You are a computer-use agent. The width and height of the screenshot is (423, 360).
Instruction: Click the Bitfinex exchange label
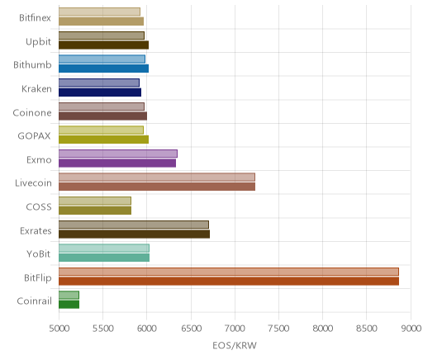[x=35, y=18]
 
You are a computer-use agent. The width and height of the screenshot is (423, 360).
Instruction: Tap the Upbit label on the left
[x=38, y=42]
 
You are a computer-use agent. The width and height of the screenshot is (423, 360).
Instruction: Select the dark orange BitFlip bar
[x=229, y=282]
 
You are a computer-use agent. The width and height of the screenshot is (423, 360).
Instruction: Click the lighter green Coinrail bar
[x=69, y=295]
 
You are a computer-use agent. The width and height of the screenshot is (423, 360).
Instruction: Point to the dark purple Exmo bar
[x=117, y=163]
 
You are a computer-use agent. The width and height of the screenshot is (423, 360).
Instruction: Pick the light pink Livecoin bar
[x=157, y=177]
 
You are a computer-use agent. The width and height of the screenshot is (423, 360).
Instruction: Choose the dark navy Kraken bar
[x=100, y=92]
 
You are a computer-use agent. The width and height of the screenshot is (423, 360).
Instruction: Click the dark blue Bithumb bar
[x=103, y=69]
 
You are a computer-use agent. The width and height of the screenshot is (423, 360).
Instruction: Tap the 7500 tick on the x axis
[x=278, y=329]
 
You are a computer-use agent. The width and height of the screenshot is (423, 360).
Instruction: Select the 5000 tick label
[x=59, y=329]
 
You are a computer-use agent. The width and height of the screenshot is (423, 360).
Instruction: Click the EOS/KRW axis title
[x=235, y=345]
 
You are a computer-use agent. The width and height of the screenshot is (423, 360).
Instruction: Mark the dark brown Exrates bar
[x=134, y=234]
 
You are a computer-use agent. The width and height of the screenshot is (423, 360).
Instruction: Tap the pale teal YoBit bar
[x=104, y=248]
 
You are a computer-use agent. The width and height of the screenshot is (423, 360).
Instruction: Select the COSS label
[x=39, y=207]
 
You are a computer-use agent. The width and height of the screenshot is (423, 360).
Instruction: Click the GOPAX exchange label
[x=34, y=136]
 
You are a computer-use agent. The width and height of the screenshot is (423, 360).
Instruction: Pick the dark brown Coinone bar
[x=102, y=116]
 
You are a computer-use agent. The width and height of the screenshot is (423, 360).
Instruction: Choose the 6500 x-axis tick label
[x=191, y=329]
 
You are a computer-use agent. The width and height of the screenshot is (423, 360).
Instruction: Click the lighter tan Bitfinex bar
[x=99, y=12]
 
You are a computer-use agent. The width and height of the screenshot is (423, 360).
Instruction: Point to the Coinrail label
[x=35, y=301]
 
